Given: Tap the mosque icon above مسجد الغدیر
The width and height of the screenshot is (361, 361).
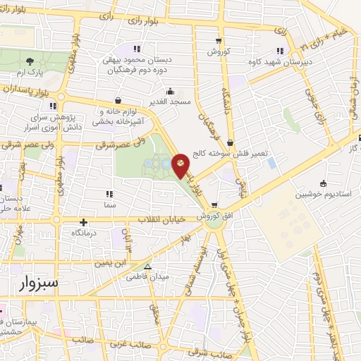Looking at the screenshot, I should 169,92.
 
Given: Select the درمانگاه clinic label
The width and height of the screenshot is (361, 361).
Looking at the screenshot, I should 84,231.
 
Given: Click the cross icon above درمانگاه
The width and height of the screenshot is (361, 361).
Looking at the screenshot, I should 84,221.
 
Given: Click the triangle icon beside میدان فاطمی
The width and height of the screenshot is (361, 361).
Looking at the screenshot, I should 147,267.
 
